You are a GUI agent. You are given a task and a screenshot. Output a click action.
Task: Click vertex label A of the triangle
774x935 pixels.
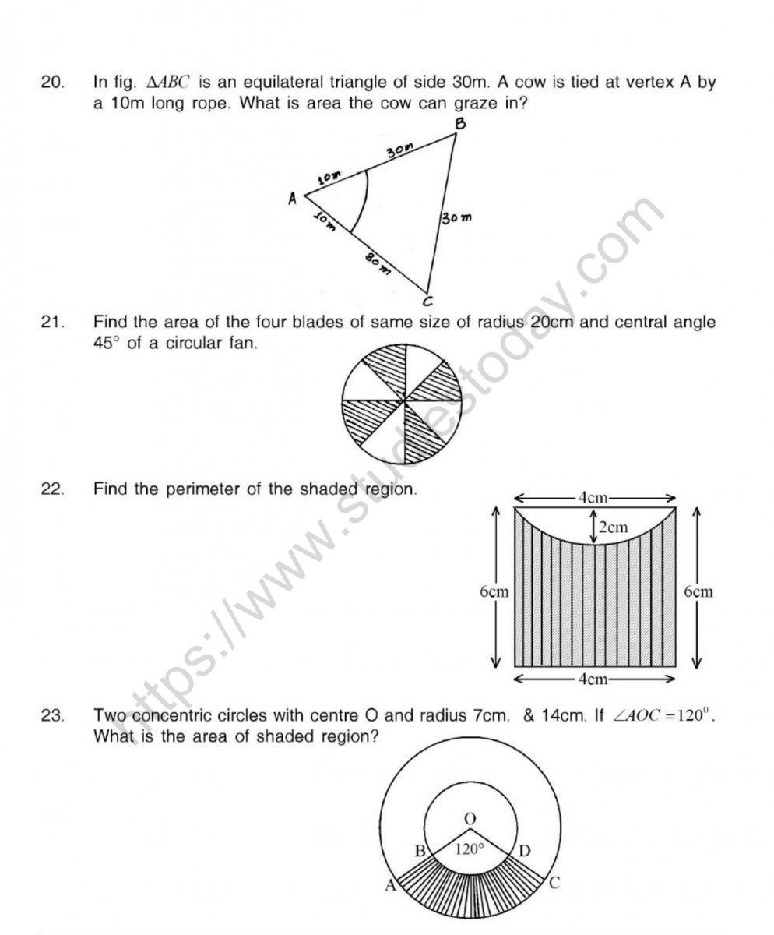pyautogui.click(x=293, y=199)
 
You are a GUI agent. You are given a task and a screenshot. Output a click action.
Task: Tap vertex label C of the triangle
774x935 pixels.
pyautogui.click(x=427, y=301)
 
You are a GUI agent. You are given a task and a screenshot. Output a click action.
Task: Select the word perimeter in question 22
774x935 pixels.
pyautogui.click(x=195, y=489)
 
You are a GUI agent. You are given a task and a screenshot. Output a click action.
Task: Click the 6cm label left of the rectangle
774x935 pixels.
pyautogui.click(x=494, y=591)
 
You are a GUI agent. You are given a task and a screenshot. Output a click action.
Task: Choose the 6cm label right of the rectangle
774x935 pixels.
pyautogui.click(x=698, y=591)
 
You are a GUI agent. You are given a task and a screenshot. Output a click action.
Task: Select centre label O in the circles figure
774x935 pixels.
pyautogui.click(x=469, y=818)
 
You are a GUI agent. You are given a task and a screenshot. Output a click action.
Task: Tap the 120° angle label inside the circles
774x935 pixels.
pyautogui.click(x=470, y=849)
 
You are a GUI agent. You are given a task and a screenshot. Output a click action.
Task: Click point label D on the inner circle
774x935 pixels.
pyautogui.click(x=524, y=850)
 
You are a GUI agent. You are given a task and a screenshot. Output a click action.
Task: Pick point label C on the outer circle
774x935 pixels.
pyautogui.click(x=554, y=884)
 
